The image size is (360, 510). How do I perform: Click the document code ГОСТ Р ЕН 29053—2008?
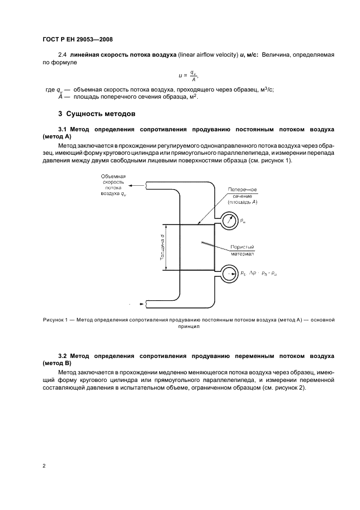[x=77, y=40]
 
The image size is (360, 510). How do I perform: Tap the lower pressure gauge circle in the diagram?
[x=230, y=273]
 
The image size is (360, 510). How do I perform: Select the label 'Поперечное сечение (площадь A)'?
[x=242, y=196]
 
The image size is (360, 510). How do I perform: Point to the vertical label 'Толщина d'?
[x=163, y=247]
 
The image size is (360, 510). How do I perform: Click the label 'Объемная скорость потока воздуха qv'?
[x=114, y=185]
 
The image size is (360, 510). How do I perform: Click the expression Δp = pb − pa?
[x=264, y=272]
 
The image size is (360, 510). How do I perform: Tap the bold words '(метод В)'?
[x=57, y=363]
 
